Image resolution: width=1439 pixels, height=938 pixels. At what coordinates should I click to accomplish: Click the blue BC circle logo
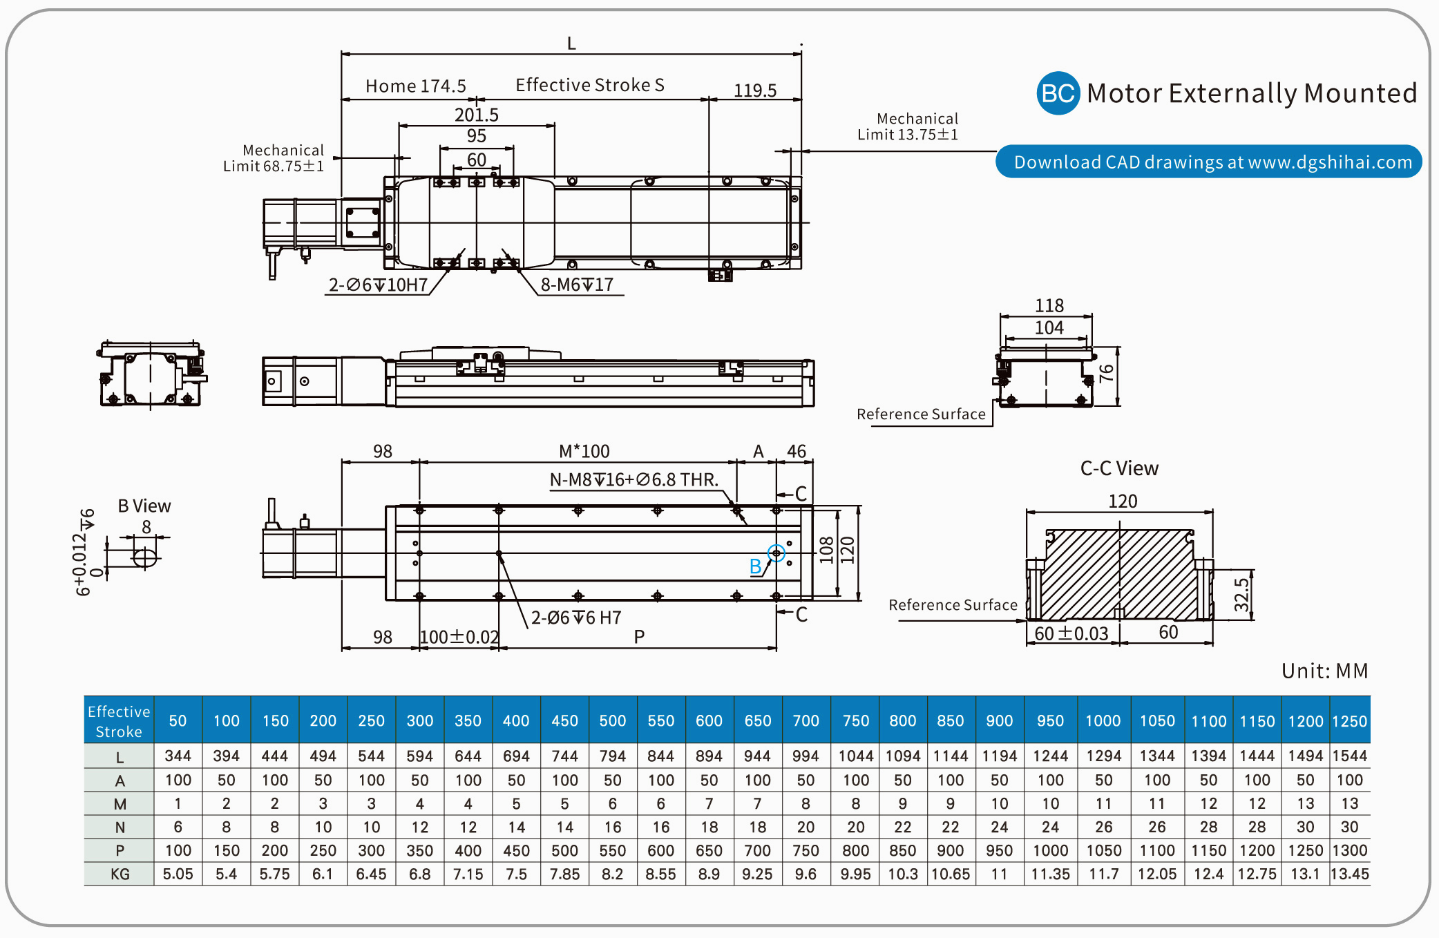coord(1058,93)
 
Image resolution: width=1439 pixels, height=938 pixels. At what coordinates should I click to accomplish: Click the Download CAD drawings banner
coord(1208,162)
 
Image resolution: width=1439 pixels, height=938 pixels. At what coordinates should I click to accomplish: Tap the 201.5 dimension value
coord(476,115)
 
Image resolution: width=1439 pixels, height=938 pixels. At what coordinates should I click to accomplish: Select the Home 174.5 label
coord(415,86)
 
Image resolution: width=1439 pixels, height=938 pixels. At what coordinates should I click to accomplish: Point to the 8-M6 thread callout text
coord(577,285)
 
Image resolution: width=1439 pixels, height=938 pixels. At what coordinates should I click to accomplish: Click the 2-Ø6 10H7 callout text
coord(378,285)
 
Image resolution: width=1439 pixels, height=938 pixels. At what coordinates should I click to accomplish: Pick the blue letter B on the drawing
coord(756,566)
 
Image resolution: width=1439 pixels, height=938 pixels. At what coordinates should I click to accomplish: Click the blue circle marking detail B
coord(776,553)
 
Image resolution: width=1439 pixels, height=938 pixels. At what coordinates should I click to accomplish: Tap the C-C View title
coord(1119,468)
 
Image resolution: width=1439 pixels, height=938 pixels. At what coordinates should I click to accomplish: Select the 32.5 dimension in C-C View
coord(1241,595)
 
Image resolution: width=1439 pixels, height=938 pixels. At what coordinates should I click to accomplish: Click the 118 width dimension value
coord(1049,305)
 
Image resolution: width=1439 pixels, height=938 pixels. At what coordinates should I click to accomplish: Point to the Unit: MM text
coord(1324,671)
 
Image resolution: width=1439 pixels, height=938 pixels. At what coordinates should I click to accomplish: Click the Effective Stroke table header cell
coord(119,721)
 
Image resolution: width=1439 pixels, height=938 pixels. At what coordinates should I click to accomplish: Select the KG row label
coord(120,874)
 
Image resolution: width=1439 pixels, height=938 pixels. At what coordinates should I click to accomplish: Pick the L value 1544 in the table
coord(1349,756)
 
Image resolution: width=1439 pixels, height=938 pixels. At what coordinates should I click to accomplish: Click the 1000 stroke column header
coord(1103,721)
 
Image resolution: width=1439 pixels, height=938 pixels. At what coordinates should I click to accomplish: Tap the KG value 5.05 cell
coord(178,874)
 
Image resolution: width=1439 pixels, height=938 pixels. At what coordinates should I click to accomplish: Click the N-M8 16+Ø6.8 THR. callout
coord(633,479)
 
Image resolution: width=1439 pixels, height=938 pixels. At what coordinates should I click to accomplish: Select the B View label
coord(144,506)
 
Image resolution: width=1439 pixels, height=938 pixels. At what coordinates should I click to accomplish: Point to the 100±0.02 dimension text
coord(459,637)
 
